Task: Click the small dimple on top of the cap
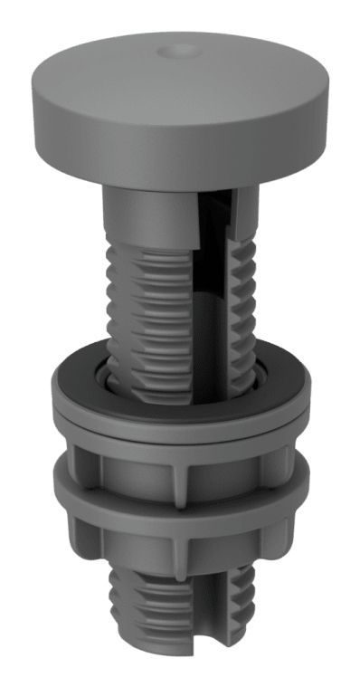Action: [175, 52]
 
